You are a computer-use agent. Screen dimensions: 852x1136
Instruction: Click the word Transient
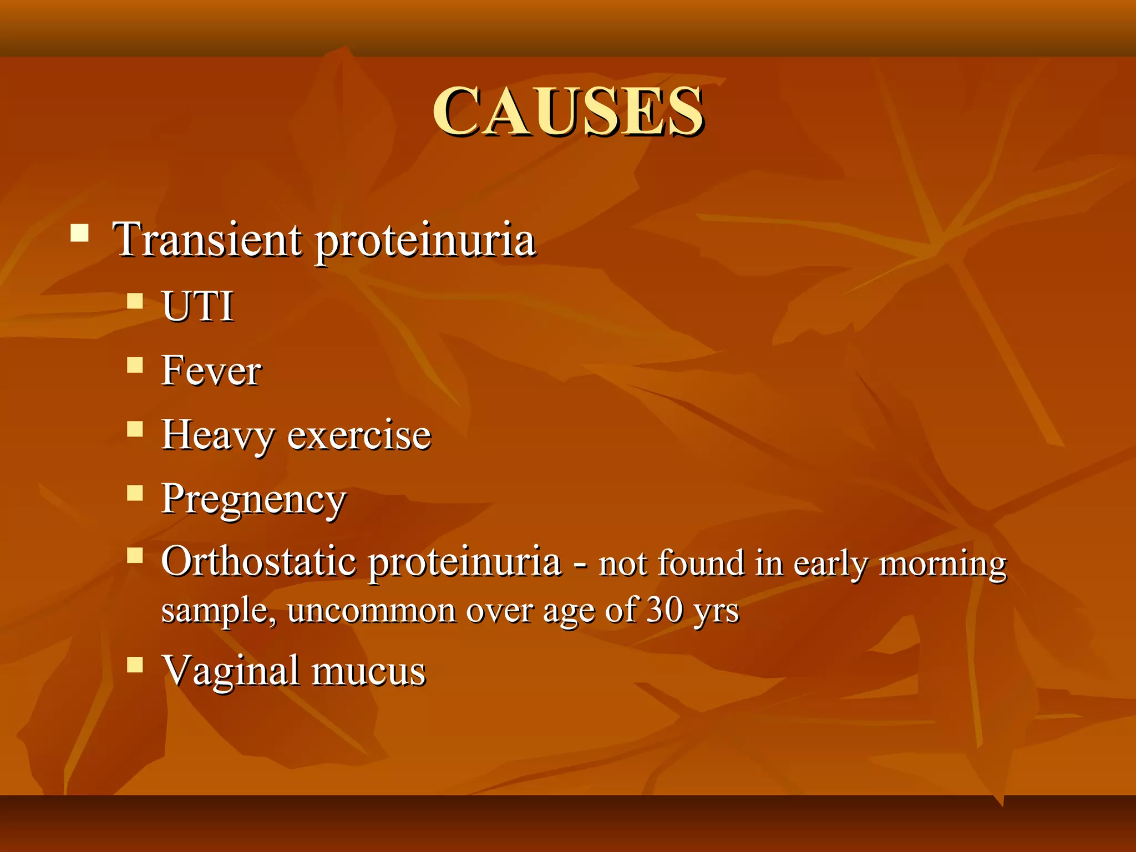tap(207, 240)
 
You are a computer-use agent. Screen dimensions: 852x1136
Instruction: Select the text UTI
tap(197, 306)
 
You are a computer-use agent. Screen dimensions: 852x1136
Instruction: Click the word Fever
tap(211, 371)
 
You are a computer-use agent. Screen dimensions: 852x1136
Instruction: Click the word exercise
tap(359, 435)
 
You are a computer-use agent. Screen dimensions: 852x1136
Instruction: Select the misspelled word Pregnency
tap(253, 499)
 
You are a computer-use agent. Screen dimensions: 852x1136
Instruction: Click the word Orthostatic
tap(258, 561)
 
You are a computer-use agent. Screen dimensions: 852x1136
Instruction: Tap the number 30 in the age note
tap(665, 610)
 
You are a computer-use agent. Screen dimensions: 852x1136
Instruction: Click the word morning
tap(943, 564)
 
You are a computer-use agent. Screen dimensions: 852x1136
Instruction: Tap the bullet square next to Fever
tap(135, 364)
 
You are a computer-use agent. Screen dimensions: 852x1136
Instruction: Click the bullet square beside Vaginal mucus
tap(135, 665)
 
